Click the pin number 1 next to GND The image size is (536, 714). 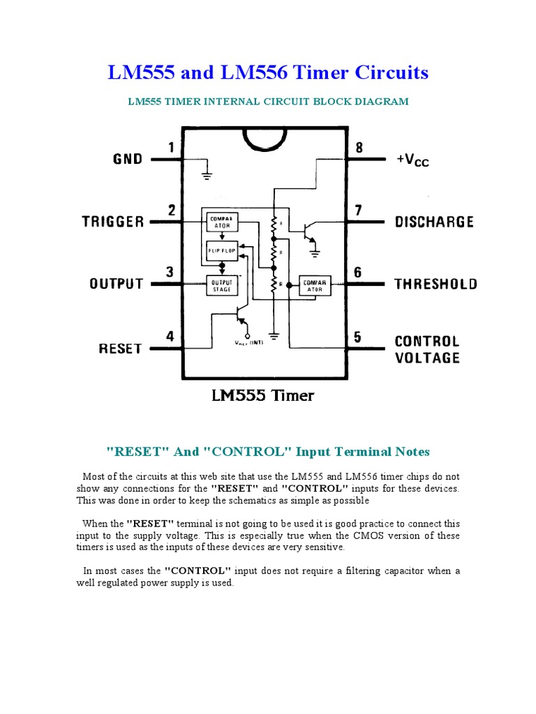(x=171, y=147)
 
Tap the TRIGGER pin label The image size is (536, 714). (x=113, y=222)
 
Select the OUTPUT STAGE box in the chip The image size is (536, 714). (x=221, y=284)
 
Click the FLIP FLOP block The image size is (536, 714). (x=221, y=249)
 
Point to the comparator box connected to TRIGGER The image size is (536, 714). (x=221, y=221)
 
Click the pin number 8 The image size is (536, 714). (x=359, y=148)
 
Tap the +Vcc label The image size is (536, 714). (x=412, y=160)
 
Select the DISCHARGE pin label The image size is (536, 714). (x=434, y=222)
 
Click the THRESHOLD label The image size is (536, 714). (x=435, y=284)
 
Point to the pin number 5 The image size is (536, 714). (x=358, y=337)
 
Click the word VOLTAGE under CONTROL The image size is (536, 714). (x=427, y=358)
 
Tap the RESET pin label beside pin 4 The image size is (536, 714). (x=120, y=348)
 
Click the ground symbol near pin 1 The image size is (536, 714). (x=207, y=172)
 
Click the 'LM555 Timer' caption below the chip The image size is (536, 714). (x=262, y=396)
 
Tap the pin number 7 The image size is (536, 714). (x=358, y=210)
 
